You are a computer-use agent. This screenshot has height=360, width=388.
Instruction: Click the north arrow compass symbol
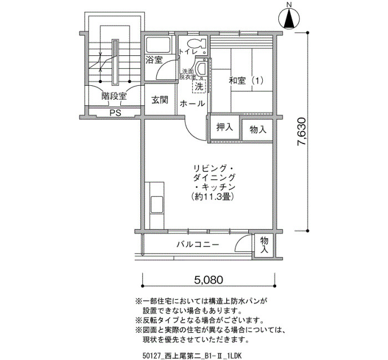(x=289, y=18)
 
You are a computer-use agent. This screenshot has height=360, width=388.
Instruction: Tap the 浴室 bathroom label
(x=154, y=60)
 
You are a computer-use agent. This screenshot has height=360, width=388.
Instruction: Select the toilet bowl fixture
(x=197, y=44)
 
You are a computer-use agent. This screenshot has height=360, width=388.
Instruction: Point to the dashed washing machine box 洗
(x=199, y=86)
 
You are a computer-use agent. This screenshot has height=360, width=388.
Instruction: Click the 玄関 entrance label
(x=160, y=100)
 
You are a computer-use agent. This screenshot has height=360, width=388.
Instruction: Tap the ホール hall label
(x=192, y=104)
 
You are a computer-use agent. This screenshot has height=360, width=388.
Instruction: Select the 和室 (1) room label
(x=246, y=81)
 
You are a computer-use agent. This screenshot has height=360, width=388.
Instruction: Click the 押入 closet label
(x=224, y=127)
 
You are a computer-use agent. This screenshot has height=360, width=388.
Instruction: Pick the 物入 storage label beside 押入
(x=258, y=129)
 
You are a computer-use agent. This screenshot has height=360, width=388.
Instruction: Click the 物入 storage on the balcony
(x=264, y=245)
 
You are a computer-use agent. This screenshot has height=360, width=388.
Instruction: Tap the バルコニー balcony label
(x=198, y=245)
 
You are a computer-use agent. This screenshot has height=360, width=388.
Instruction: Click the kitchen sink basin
(x=157, y=204)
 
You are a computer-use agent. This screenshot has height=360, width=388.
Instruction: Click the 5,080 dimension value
(x=209, y=280)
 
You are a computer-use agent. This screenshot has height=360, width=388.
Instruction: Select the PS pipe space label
(x=115, y=113)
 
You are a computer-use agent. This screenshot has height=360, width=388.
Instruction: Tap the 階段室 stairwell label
(x=114, y=96)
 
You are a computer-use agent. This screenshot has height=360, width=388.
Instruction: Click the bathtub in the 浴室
(x=158, y=45)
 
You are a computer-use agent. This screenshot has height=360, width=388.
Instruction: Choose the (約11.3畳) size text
(x=213, y=197)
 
